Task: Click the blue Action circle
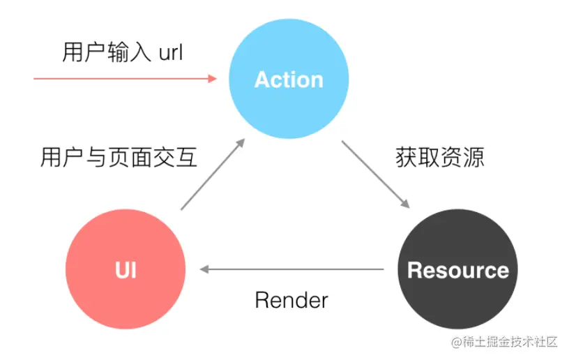click(x=289, y=79)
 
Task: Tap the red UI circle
click(x=126, y=269)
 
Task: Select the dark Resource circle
click(x=457, y=269)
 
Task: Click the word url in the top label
click(x=169, y=53)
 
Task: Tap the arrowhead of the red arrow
click(x=213, y=79)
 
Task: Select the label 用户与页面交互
click(x=119, y=158)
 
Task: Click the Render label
click(x=291, y=301)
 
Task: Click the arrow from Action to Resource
click(x=374, y=174)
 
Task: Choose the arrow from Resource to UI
click(x=293, y=269)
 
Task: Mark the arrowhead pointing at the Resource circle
click(x=404, y=203)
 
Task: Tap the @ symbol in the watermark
click(x=457, y=343)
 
